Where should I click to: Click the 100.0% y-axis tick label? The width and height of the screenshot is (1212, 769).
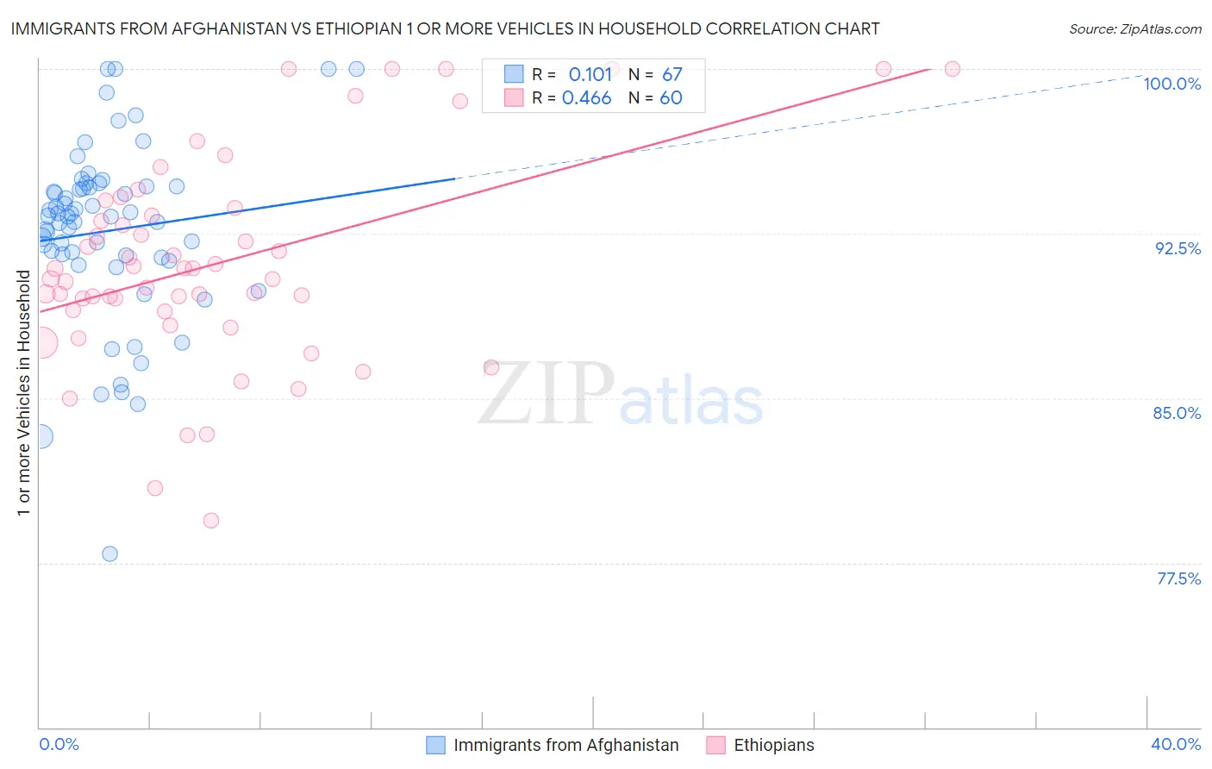pos(1171,84)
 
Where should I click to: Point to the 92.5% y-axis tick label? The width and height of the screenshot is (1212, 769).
pos(1178,248)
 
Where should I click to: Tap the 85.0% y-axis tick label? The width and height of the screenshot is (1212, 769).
pos(1177,413)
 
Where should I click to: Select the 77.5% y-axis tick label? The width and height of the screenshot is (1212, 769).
pos(1178,578)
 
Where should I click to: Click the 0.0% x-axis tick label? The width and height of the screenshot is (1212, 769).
pos(59,744)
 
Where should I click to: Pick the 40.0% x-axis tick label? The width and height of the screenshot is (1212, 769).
pos(1176,744)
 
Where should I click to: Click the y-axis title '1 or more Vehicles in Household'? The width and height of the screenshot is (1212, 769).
pos(23,393)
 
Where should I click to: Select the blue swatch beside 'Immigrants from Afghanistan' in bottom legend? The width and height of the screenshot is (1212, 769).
pos(436,745)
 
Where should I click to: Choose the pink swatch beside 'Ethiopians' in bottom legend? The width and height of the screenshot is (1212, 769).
pos(715,745)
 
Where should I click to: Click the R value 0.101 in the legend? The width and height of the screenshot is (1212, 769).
pos(590,74)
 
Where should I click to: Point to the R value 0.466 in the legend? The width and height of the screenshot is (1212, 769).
pos(586,98)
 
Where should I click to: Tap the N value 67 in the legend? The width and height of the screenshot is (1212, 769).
pos(672,74)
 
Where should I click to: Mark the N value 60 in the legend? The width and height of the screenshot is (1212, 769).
pos(671,98)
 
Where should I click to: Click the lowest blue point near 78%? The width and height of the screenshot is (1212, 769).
pos(109,553)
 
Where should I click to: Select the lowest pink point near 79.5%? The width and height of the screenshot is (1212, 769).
pos(211,521)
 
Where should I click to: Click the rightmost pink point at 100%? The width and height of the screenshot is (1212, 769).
pos(953,69)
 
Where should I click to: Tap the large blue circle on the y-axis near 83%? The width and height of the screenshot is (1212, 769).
pos(40,436)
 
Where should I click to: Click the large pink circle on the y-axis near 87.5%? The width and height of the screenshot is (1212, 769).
pos(41,342)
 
